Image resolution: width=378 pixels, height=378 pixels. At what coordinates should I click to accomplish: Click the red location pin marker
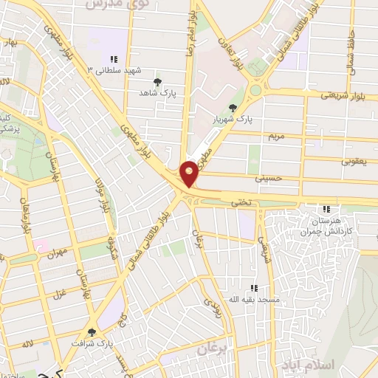point(190,173)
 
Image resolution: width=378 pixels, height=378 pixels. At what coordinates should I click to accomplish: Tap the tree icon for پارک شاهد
point(157,82)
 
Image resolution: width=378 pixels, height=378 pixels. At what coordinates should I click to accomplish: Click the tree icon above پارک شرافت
point(92,332)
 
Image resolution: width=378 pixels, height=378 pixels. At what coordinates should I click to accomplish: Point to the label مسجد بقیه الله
point(254,299)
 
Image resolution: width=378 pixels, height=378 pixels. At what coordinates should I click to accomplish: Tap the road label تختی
point(240,201)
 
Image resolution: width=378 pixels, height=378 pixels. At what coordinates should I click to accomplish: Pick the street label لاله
point(28,344)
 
